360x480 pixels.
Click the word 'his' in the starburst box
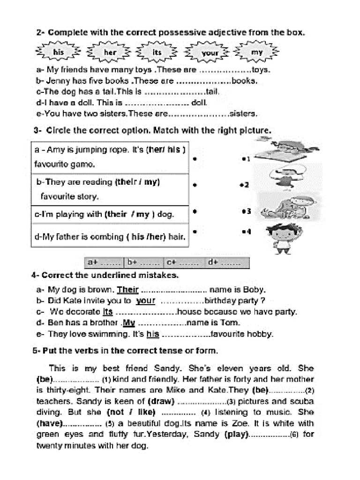[58, 52]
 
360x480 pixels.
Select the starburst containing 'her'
[110, 52]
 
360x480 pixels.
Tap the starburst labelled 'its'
[157, 52]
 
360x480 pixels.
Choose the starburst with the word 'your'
[210, 53]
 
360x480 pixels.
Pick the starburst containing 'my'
[257, 52]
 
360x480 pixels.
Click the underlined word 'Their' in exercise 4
[127, 290]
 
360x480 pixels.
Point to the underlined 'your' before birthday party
[145, 301]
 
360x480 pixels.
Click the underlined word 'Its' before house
[108, 312]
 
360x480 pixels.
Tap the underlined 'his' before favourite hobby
[153, 334]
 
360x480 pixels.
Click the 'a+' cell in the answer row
[104, 262]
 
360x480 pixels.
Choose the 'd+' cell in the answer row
[227, 262]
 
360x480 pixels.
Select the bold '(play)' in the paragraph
[236, 435]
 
